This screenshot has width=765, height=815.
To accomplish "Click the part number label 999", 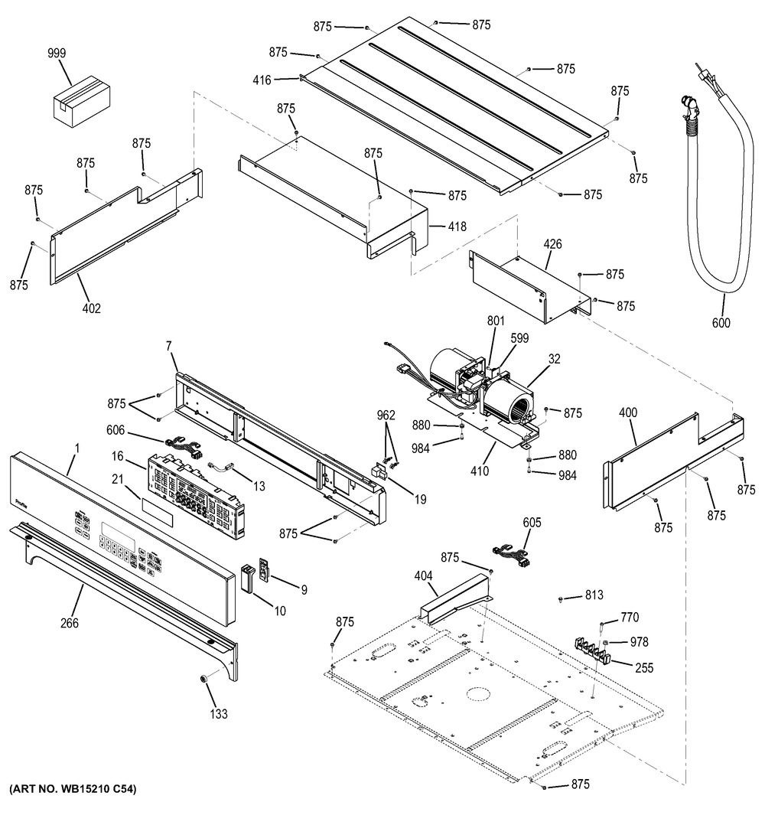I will click(57, 54).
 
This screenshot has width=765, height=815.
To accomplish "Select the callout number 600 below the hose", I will click(721, 323).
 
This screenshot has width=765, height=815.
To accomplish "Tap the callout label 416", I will click(265, 78).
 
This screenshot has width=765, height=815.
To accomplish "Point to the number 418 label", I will click(457, 227).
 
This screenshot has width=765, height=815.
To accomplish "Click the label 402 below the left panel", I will click(91, 308).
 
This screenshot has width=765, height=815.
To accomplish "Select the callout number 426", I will click(552, 244).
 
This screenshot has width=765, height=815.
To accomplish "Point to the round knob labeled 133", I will click(207, 680).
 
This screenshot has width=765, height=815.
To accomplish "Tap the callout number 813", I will click(594, 595).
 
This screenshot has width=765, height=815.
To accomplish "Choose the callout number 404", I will click(423, 575).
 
